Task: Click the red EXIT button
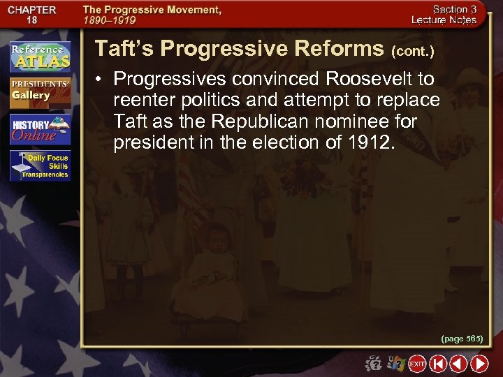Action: (x=417, y=364)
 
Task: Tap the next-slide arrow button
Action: (x=479, y=364)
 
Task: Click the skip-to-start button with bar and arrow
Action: (x=437, y=364)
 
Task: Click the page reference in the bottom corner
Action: (x=462, y=339)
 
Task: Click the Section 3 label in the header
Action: (x=454, y=10)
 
